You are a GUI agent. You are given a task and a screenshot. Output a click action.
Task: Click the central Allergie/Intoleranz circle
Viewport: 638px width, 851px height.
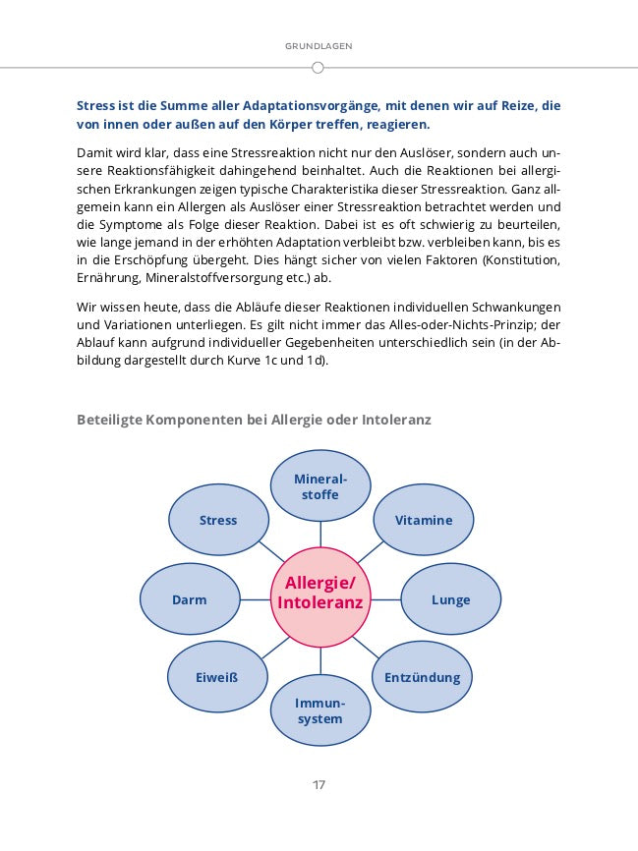(x=319, y=596)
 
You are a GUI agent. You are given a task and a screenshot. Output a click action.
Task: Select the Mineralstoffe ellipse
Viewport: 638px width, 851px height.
(x=319, y=486)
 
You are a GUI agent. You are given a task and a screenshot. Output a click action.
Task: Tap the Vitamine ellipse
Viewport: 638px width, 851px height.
(x=424, y=521)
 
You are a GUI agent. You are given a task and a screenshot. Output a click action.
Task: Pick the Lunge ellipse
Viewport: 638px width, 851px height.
(x=450, y=599)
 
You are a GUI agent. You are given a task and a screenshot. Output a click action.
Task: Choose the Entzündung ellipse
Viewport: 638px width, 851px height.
(x=422, y=677)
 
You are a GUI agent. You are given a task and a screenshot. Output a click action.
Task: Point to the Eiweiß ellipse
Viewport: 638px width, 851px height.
(x=217, y=677)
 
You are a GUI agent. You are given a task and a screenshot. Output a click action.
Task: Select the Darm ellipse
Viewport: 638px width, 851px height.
(x=189, y=599)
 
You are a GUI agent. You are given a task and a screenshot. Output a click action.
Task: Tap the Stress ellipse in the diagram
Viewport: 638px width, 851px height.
(x=218, y=521)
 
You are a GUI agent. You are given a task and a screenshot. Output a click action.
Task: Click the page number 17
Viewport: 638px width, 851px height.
(x=319, y=785)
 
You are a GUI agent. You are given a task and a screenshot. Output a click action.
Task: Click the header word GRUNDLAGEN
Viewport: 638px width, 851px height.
(x=319, y=46)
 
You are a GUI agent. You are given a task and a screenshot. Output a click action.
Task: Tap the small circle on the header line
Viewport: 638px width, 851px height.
(x=318, y=68)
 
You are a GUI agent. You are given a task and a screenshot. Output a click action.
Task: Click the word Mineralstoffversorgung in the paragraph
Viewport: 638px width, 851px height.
(x=208, y=277)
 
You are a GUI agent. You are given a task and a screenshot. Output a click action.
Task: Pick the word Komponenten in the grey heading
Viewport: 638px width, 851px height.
(x=196, y=420)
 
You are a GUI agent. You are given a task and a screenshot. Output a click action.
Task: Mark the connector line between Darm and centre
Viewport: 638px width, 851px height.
(x=254, y=598)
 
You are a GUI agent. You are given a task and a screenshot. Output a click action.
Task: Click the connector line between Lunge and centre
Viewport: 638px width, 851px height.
(x=384, y=598)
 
